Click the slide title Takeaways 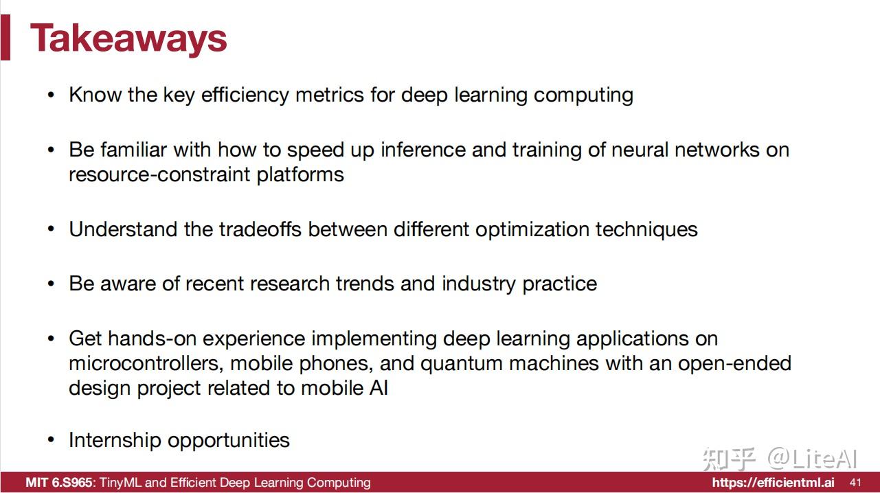point(128,39)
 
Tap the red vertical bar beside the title point(5,37)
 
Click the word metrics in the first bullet point(330,95)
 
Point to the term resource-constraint point(159,174)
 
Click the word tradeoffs point(260,229)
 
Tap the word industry point(478,284)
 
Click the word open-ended point(734,364)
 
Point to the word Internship point(115,440)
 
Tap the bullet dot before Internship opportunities point(51,440)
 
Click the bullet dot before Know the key point(51,95)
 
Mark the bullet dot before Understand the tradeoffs point(51,229)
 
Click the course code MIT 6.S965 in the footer point(59,483)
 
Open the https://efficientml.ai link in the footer point(773,483)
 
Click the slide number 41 point(856,483)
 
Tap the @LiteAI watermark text point(813,458)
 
